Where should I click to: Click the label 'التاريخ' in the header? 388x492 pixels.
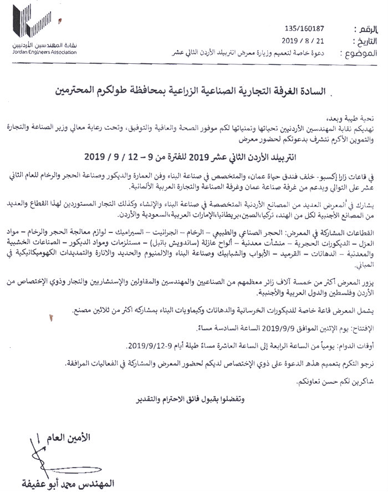point(360,42)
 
